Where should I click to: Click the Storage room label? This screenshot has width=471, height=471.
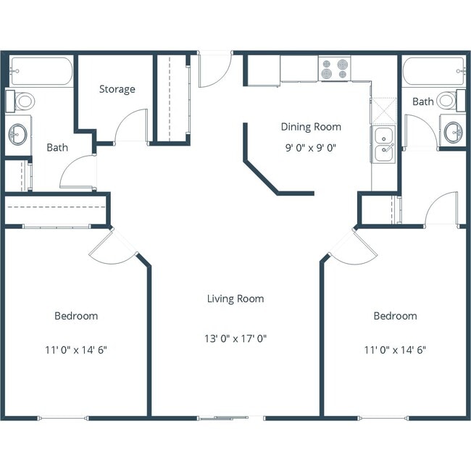click(117, 89)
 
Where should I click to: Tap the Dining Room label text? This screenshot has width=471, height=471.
click(311, 127)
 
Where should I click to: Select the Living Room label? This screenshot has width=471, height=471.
click(235, 299)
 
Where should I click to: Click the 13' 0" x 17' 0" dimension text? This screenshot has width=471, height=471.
click(235, 338)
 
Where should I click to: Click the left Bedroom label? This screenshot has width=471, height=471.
click(76, 316)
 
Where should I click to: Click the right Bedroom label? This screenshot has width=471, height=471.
click(395, 316)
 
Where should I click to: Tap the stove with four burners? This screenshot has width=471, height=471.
click(335, 70)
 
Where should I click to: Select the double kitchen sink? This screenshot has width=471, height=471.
click(383, 144)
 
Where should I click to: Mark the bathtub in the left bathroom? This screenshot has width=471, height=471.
click(41, 71)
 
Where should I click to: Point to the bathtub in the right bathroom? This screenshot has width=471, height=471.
click(433, 71)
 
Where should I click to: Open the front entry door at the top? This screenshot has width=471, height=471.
click(214, 69)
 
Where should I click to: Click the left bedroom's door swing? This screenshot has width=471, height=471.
click(112, 246)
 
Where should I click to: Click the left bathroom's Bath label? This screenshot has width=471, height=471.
click(57, 148)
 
